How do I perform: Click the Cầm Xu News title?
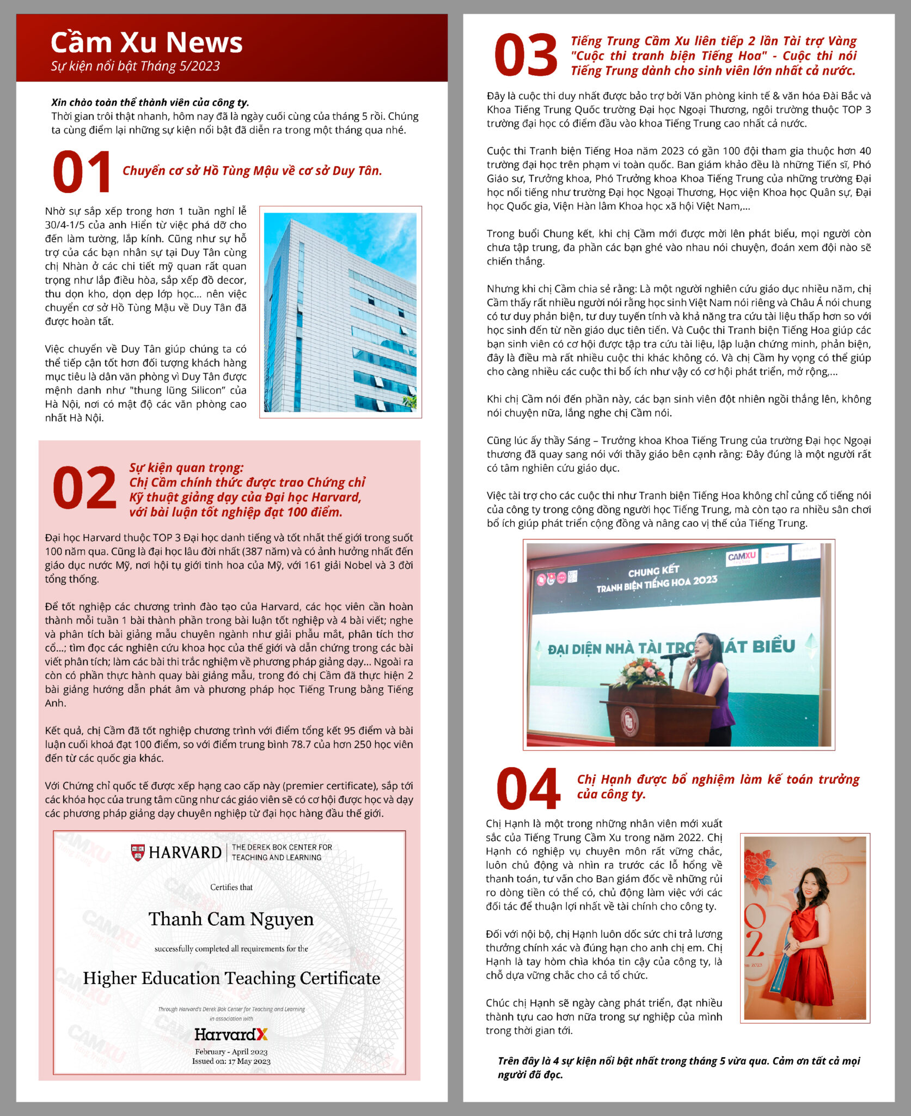(146, 43)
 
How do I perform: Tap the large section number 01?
(82, 172)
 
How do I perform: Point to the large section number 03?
(526, 54)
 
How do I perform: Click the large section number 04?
(528, 788)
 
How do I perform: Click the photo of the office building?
(340, 312)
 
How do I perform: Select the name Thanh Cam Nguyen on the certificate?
(231, 919)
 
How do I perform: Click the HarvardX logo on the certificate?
(231, 1034)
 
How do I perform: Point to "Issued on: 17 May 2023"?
(231, 1061)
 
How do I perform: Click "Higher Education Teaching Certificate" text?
(231, 978)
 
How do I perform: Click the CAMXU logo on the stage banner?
(742, 556)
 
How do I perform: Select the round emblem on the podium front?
(629, 720)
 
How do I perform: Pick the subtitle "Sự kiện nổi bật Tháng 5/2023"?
(135, 66)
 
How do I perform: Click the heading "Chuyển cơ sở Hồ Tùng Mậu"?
(252, 171)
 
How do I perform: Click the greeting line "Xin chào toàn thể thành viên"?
(150, 102)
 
